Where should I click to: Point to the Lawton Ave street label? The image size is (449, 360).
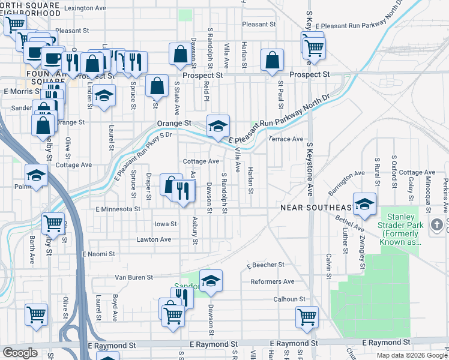point(154,239)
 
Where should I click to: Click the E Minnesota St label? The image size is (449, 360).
point(118,209)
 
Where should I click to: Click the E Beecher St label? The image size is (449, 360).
point(265,265)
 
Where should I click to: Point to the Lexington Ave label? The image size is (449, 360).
point(89,9)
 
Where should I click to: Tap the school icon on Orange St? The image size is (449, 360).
point(218,125)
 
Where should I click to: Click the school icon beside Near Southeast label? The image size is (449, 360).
point(364,204)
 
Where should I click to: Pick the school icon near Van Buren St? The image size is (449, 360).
point(211,281)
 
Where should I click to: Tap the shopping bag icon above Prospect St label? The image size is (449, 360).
point(272,60)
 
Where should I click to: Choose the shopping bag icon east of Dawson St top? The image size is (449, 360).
point(180,54)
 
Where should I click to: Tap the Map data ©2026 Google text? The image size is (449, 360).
point(411,355)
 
